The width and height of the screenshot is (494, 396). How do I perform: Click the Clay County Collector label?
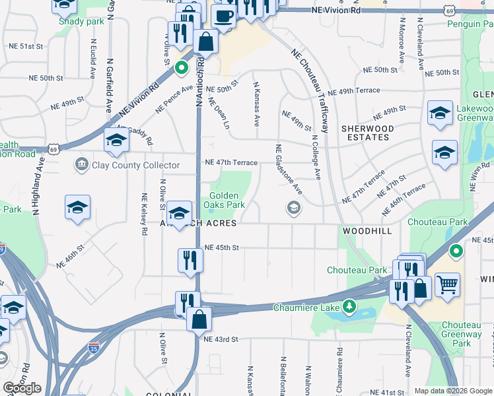[135, 165]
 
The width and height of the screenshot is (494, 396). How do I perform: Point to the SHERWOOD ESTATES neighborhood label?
[367, 133]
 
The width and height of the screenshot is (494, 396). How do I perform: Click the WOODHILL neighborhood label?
[367, 231]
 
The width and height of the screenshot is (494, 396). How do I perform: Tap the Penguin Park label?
[471, 24]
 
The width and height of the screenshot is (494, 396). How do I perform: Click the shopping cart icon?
[447, 285]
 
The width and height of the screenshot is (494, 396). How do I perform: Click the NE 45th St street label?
[221, 247]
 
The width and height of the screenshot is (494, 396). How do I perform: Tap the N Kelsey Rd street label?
[143, 214]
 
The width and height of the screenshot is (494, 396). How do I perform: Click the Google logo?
[22, 388]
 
